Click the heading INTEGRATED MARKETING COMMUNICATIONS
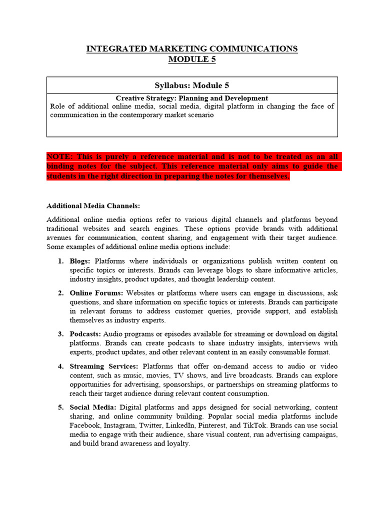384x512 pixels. (x=192, y=48)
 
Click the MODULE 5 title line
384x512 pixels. (x=192, y=59)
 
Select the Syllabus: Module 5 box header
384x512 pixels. (x=192, y=85)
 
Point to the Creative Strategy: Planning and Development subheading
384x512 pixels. (x=192, y=98)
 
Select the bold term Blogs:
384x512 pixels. (x=80, y=261)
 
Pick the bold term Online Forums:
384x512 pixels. (x=96, y=293)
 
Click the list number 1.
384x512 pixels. (x=60, y=261)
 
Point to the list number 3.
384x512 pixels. (x=60, y=334)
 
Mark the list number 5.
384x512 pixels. (x=60, y=407)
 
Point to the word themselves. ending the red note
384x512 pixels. (x=267, y=176)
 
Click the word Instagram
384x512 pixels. (x=121, y=425)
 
